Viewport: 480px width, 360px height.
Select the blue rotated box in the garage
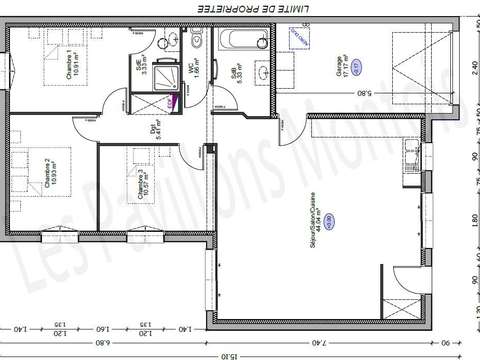pos(298,37)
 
